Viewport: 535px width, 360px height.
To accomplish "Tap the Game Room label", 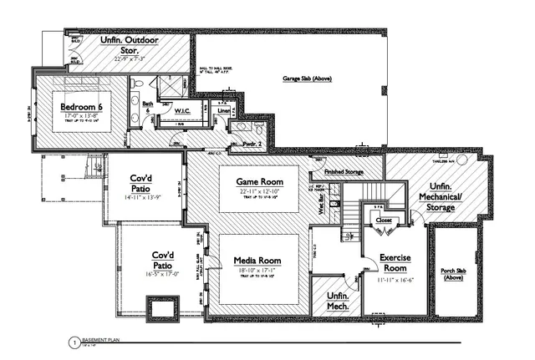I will click(x=258, y=182).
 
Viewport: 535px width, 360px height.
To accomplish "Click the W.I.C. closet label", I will click(x=184, y=111).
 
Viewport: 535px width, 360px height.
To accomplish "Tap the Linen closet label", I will click(x=223, y=110).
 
